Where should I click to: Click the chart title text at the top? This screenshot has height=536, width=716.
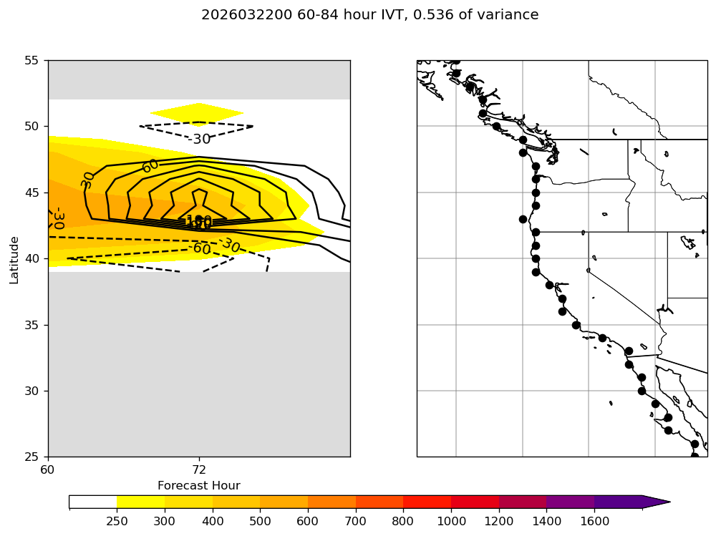coord(369,15)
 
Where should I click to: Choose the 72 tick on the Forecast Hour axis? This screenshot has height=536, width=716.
coord(199,470)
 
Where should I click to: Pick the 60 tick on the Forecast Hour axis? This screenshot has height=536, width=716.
coord(48,470)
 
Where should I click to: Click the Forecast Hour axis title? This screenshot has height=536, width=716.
coord(199,486)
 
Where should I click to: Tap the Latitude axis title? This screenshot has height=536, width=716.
coord(14,258)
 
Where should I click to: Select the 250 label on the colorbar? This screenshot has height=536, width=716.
coord(117,521)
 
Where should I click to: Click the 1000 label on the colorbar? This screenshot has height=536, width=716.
coord(451,521)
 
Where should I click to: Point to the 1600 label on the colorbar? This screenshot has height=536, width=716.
coord(594,521)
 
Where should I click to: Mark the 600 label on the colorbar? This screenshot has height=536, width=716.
coord(308,521)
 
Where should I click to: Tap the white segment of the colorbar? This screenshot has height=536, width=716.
coord(93,502)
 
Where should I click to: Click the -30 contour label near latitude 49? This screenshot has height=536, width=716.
coord(199,139)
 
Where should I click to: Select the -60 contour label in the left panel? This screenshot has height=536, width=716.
coord(200,249)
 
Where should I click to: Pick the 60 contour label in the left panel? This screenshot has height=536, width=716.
coord(150,166)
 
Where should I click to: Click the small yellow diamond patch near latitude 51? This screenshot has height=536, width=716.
coord(197,113)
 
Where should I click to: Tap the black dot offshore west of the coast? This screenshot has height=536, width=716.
coord(523,219)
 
